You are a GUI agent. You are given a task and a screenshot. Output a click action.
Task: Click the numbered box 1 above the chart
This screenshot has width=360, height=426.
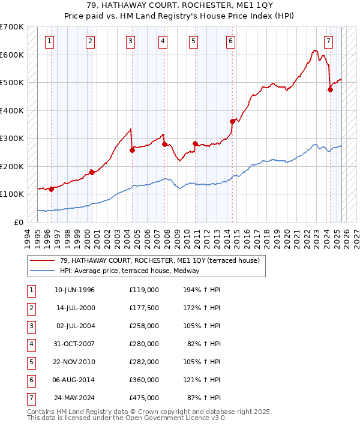(49, 41)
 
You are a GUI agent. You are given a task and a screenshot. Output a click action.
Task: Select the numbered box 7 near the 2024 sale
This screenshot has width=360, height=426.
(328, 41)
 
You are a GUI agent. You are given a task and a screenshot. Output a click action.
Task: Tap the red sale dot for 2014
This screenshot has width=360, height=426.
(232, 121)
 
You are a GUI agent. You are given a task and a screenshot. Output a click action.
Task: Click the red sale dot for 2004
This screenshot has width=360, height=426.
(132, 150)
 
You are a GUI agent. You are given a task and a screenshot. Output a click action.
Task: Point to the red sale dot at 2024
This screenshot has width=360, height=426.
(330, 89)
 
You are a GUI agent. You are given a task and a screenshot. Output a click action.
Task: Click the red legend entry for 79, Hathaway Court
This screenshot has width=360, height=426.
(159, 260)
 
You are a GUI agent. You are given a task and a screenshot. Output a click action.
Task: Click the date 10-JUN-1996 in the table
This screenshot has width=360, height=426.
(74, 290)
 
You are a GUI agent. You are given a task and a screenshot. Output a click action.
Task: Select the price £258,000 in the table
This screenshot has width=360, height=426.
(143, 326)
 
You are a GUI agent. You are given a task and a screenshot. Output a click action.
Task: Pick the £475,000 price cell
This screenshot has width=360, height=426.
(143, 398)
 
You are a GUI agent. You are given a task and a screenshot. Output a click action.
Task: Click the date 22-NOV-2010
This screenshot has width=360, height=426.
(74, 362)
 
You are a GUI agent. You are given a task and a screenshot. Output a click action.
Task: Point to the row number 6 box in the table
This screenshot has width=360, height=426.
(31, 380)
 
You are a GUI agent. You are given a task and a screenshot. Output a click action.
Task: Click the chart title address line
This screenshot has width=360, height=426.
(180, 7)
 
